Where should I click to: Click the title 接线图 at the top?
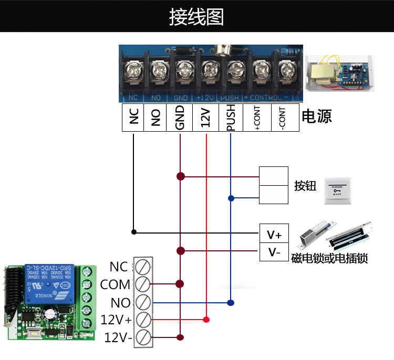(x=196, y=16)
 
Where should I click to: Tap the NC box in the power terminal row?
(x=134, y=118)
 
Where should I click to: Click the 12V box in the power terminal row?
(x=206, y=118)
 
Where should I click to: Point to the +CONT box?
(x=257, y=118)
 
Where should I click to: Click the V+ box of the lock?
(x=274, y=234)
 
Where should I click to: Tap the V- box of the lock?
(x=274, y=252)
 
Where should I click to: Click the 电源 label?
(x=317, y=116)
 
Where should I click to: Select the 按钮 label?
(x=305, y=185)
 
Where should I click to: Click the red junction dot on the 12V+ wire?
(x=206, y=320)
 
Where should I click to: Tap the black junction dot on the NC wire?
(x=134, y=231)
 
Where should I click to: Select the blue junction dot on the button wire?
(x=231, y=198)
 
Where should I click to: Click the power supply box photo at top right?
(x=340, y=73)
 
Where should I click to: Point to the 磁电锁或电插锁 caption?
(x=329, y=259)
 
